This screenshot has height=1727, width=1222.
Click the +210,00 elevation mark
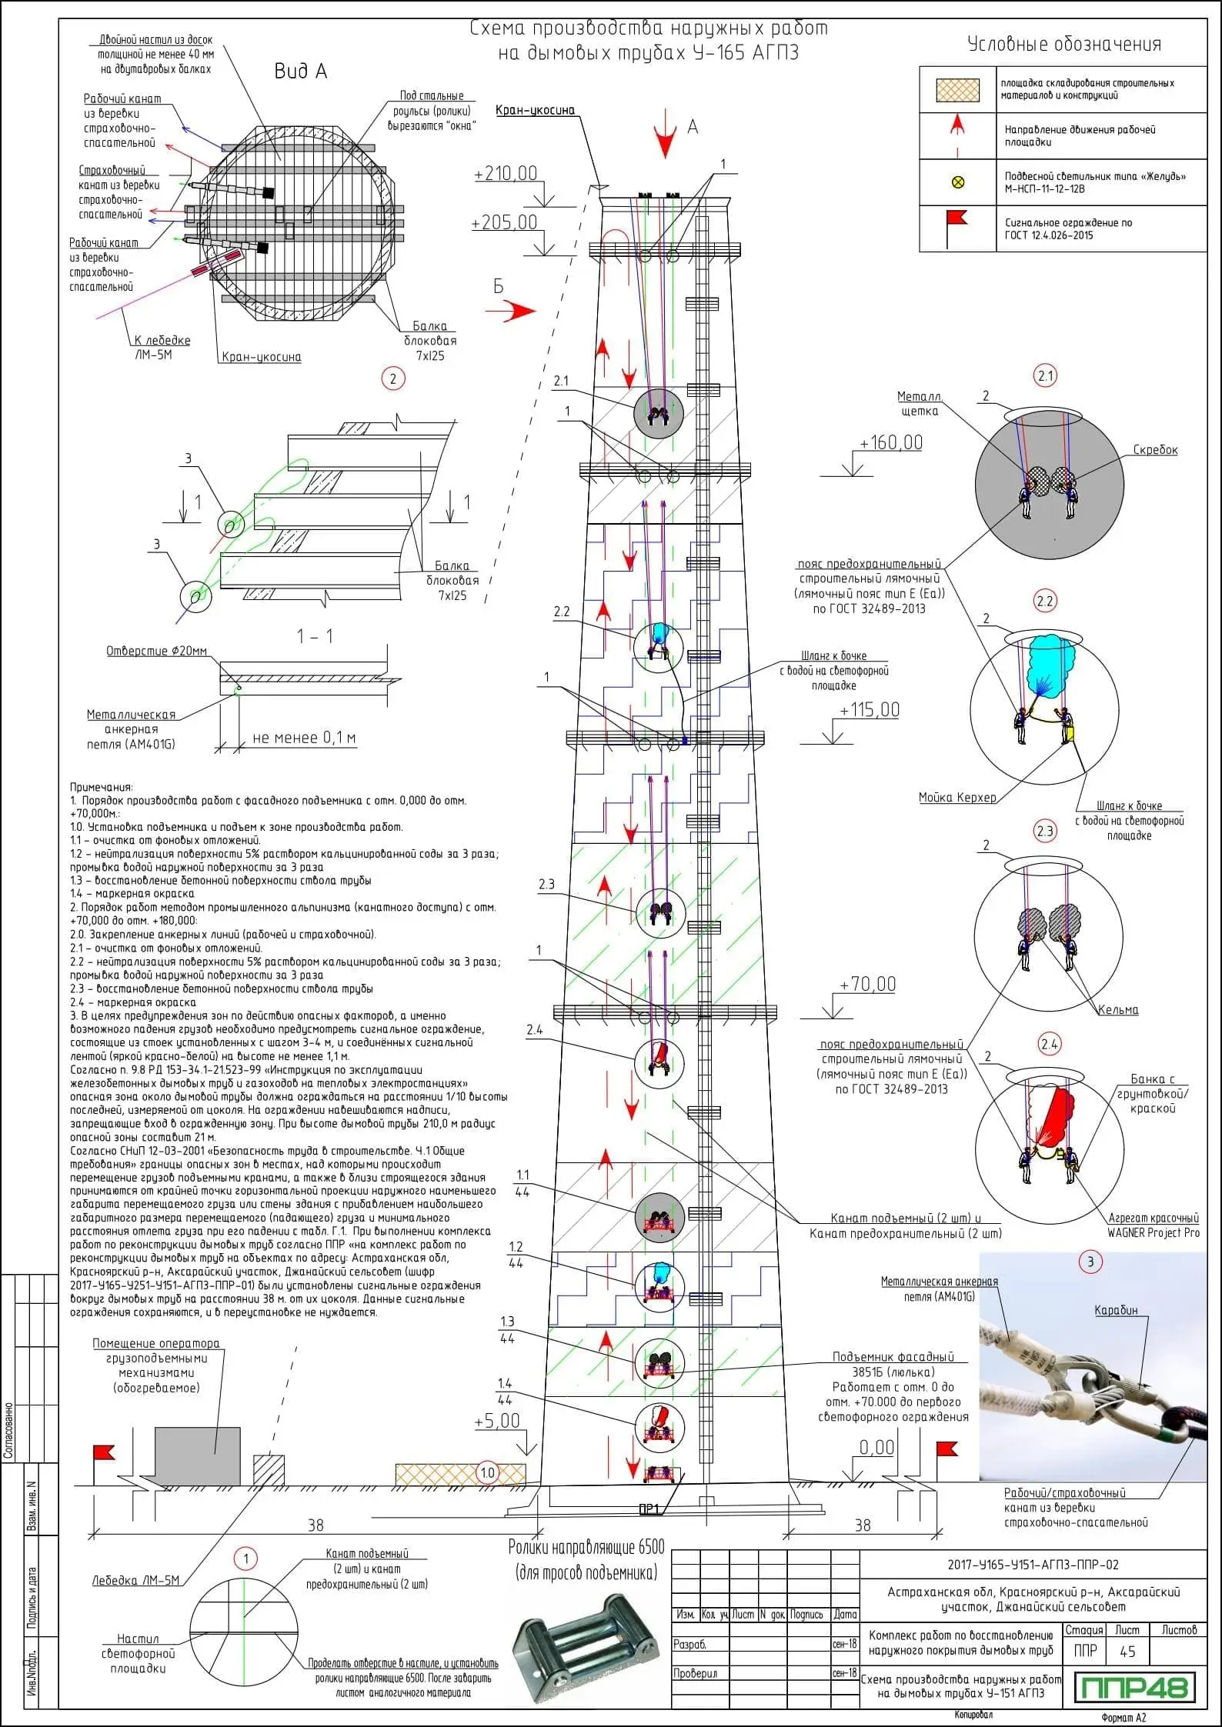pos(506,173)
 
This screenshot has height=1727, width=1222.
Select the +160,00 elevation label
pos(891,442)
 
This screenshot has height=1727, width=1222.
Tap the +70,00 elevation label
pos(868,984)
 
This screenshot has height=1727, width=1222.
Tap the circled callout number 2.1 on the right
pos(1045,376)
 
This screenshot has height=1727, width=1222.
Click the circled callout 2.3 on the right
pos(1045,831)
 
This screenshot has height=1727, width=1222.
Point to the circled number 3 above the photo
pos(1090,1261)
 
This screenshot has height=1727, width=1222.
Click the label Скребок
pos(1155,450)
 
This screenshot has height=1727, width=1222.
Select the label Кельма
pos(1118,1010)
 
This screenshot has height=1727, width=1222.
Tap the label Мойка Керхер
pos(957,798)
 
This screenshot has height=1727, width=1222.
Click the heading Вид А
pos(301,72)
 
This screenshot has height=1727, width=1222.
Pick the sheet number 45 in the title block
pos(1128,1652)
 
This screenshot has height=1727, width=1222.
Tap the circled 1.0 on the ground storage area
pos(488,1473)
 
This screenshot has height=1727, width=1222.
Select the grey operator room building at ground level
pos(198,1456)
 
